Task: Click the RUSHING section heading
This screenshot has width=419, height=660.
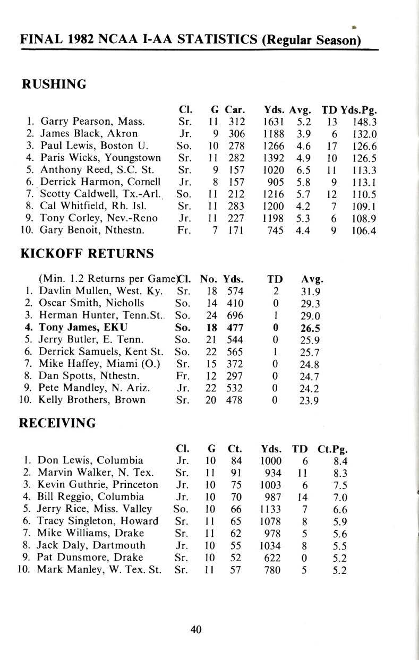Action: click(x=53, y=84)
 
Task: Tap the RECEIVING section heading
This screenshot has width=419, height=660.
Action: click(x=57, y=423)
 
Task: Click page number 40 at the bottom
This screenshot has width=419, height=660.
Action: click(x=196, y=630)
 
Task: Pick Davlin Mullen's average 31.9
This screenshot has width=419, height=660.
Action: click(x=310, y=290)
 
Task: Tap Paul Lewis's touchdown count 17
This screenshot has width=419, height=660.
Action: click(x=332, y=145)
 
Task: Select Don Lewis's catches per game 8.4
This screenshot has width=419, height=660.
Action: click(x=339, y=460)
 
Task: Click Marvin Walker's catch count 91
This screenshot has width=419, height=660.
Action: click(x=236, y=473)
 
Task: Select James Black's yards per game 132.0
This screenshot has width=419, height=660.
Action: click(x=364, y=133)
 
